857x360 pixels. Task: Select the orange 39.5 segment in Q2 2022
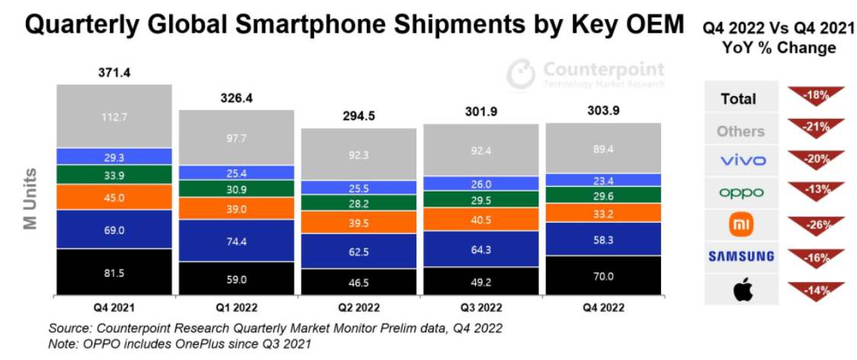pos(358,222)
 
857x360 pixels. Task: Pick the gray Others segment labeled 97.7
pos(236,137)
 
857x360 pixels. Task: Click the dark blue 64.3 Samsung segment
pos(480,249)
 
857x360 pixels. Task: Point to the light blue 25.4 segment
pos(236,172)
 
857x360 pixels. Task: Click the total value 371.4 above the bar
pos(114,74)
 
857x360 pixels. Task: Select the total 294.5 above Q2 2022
pos(358,117)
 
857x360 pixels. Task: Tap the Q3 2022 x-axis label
pos(480,308)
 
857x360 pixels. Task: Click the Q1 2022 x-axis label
pos(236,308)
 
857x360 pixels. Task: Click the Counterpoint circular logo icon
pos(522,74)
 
